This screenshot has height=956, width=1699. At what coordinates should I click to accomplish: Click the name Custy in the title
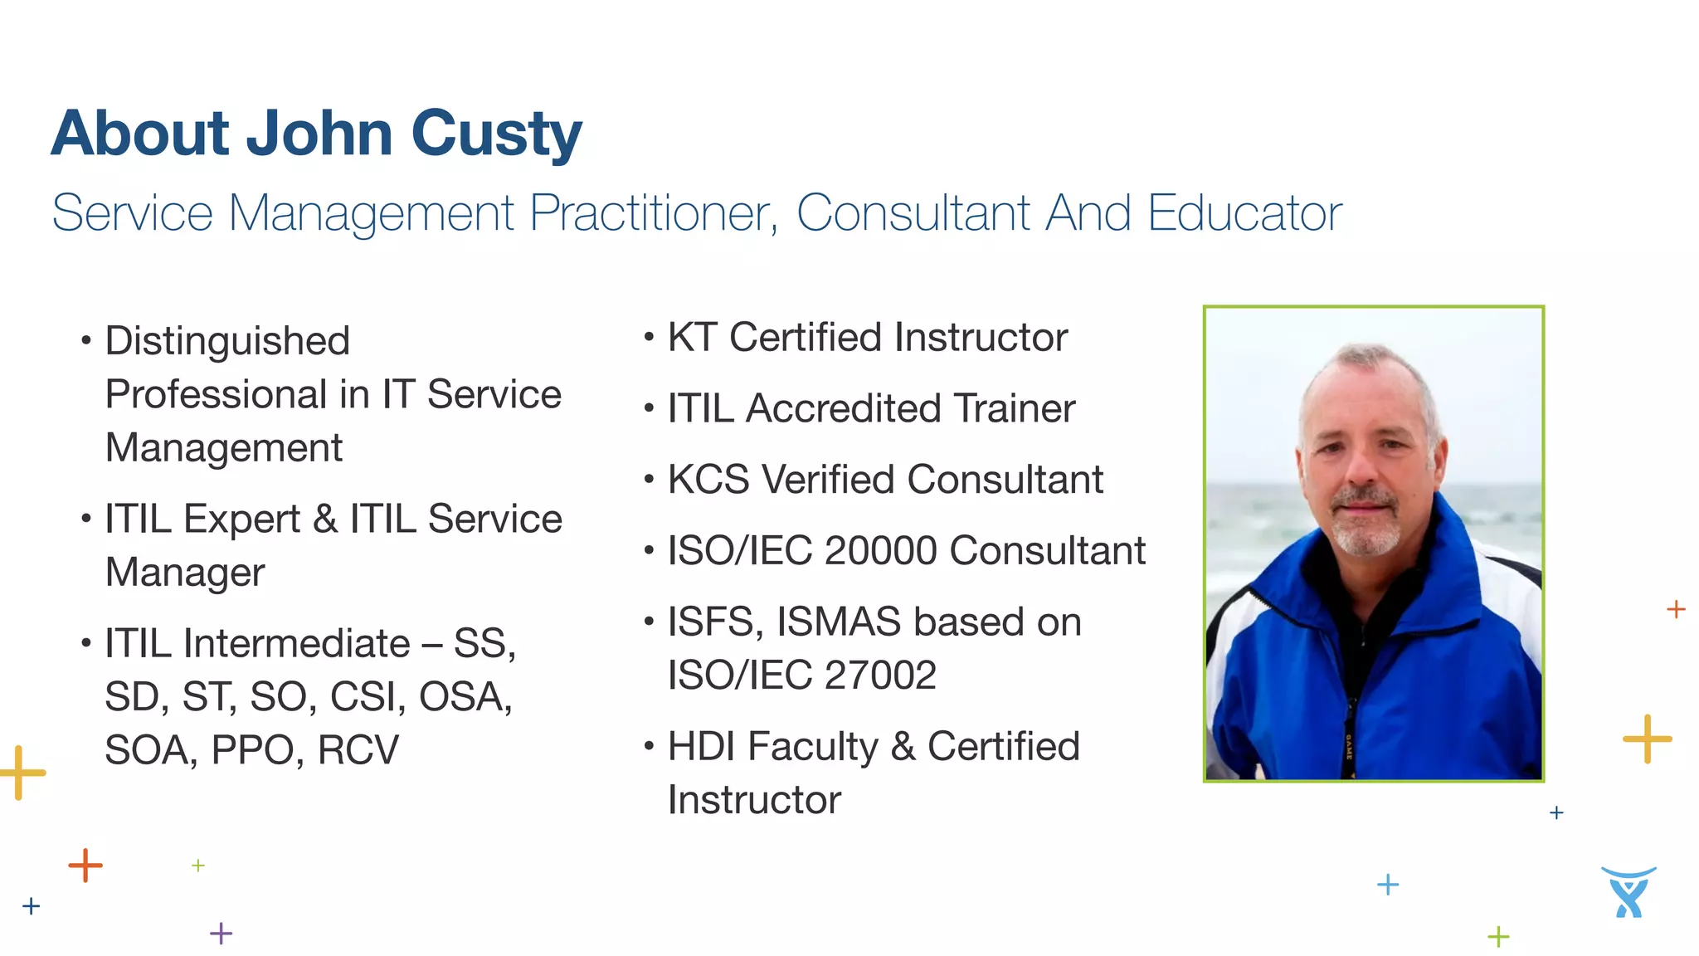496,134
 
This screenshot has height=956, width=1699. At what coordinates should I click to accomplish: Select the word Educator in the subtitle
1244,213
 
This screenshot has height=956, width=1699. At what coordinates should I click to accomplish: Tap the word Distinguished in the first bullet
227,341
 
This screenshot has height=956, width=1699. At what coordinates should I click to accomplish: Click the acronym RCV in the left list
358,750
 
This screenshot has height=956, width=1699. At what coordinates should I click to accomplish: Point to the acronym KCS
708,480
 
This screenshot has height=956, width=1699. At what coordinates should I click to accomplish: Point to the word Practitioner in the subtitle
654,213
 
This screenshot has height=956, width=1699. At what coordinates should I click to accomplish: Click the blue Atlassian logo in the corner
1628,892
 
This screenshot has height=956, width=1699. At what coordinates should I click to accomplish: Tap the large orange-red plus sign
85,866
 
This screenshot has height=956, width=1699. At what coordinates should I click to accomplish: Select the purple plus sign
222,934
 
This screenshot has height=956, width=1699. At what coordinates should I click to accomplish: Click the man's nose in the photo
1361,469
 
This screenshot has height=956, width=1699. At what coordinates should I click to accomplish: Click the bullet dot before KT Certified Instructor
649,336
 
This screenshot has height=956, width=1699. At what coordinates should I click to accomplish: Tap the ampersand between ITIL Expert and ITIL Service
325,519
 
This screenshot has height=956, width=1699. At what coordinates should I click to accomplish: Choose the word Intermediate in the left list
296,643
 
